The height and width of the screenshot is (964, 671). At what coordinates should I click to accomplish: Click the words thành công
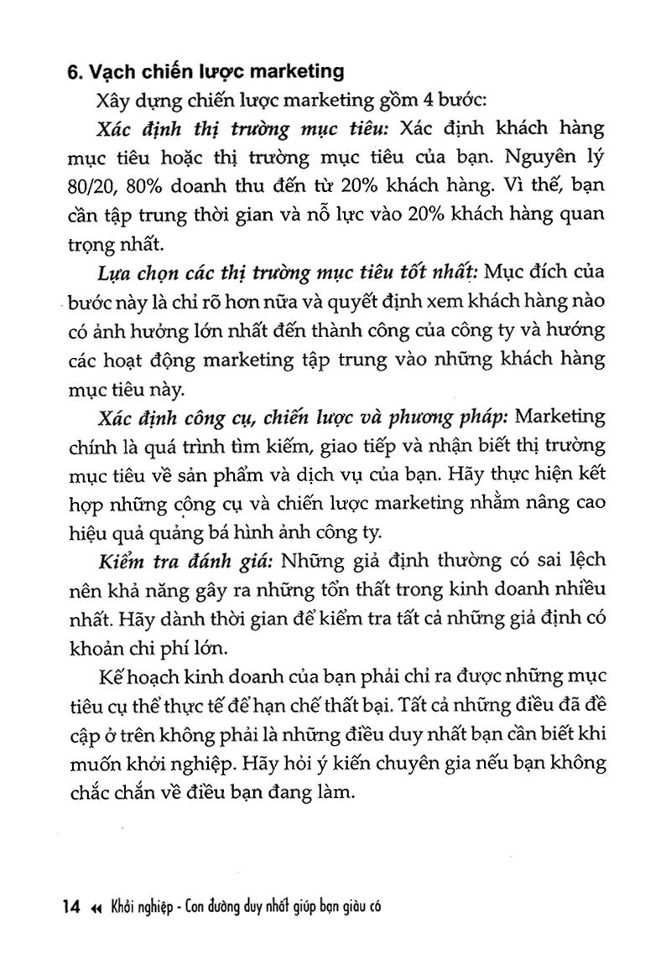pos(416,332)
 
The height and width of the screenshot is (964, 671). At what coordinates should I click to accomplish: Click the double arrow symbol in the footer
pos(96,908)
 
